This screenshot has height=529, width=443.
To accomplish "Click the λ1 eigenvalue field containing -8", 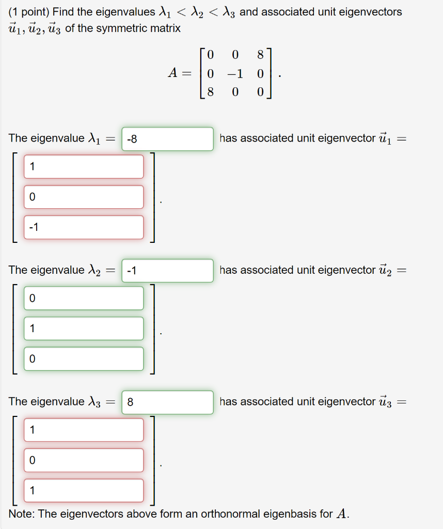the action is pos(167,139).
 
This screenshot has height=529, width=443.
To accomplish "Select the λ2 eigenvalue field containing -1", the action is pos(167,270).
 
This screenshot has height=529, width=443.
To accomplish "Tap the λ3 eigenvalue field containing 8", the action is pos(167,402).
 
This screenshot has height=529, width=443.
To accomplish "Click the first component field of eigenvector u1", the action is pos(83,166).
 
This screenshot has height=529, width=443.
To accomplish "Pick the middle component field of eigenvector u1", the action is pos(83,197).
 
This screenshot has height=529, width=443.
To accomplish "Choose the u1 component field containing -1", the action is pos(83,227).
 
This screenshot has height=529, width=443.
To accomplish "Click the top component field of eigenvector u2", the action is pos(83,298).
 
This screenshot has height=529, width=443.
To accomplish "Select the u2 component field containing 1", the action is pos(83,328).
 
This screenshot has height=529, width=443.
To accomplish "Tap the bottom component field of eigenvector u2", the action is pos(83,359).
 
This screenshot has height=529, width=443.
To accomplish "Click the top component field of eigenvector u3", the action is pos(83,430).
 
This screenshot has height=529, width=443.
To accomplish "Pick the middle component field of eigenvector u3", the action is pos(83,460).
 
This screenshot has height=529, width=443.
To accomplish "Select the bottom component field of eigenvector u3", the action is pos(83,490).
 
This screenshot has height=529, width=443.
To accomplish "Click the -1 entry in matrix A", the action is pos(235,74).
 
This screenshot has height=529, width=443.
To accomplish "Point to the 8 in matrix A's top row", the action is pos(260,54).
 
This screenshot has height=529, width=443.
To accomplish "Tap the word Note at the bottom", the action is pos(21,514).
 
